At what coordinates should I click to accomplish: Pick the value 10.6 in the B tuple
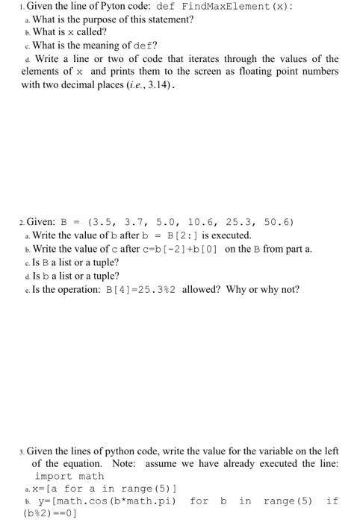[200, 223]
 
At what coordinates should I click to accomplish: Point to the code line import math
[69, 475]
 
